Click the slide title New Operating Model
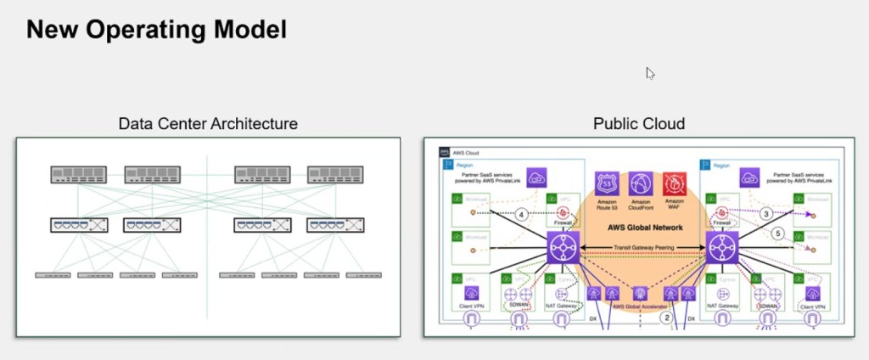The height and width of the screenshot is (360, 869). click(156, 31)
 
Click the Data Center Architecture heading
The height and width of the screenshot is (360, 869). click(208, 124)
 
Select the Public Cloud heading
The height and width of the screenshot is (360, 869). click(638, 124)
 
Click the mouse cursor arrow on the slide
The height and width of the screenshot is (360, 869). click(650, 73)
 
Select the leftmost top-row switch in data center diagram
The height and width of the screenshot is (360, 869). click(77, 175)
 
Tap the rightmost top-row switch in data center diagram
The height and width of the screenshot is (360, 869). click(334, 175)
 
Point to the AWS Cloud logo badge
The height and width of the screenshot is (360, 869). click(444, 152)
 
